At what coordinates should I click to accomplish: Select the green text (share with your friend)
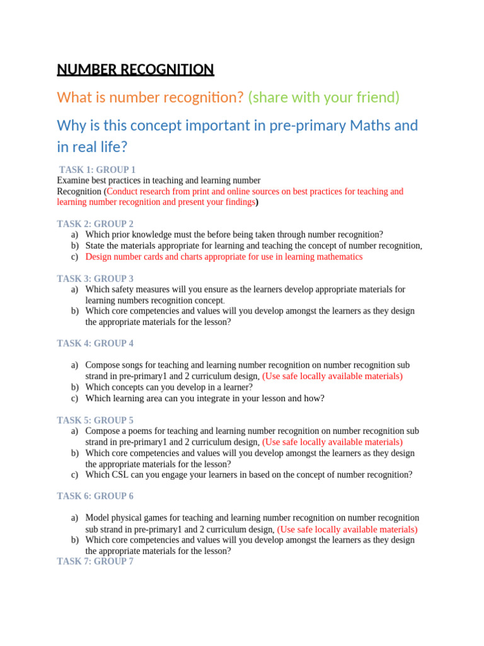(324, 97)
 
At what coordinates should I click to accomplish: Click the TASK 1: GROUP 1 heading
(97, 170)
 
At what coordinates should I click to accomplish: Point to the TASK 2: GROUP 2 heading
(95, 224)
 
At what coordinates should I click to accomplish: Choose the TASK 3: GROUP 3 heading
(95, 278)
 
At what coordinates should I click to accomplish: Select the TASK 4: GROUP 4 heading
(95, 343)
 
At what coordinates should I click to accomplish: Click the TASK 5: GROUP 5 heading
(95, 420)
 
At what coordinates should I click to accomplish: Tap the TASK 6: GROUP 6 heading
(95, 496)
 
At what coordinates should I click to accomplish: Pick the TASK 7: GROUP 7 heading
(95, 561)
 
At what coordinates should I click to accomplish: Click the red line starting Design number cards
(224, 257)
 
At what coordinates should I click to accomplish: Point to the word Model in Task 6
(96, 517)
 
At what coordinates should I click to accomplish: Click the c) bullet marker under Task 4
(74, 398)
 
